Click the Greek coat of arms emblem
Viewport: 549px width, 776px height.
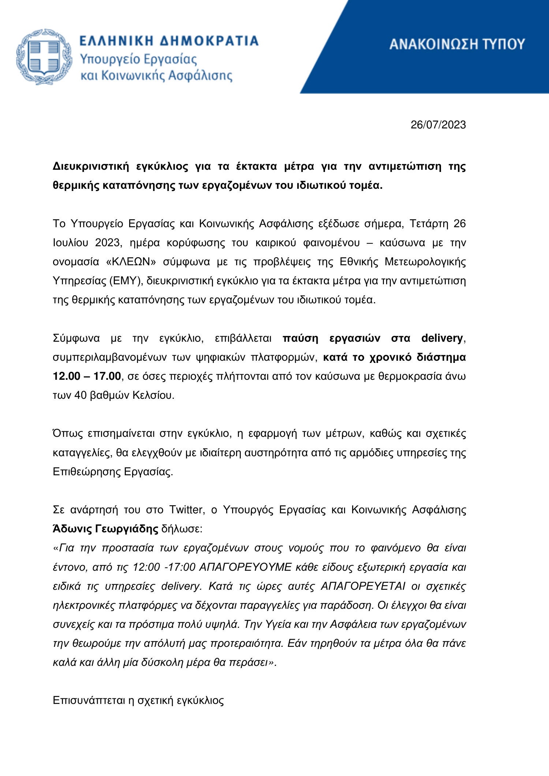tap(44, 57)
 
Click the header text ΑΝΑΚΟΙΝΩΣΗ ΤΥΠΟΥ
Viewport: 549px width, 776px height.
tap(457, 44)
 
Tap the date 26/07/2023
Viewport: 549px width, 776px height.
tap(438, 125)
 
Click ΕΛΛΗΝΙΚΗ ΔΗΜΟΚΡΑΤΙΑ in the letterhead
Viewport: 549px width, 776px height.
tap(169, 41)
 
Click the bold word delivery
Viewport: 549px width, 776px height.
tap(442, 338)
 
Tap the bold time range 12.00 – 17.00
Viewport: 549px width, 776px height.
tap(87, 376)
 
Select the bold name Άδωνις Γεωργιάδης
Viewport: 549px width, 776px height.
tap(105, 529)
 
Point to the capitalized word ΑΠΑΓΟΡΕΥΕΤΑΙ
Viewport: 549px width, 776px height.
tap(363, 586)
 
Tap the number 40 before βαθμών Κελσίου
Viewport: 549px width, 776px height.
tap(80, 395)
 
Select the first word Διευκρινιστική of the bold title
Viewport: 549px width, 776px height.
tap(91, 166)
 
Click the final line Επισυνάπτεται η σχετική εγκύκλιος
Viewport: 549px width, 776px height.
tap(138, 700)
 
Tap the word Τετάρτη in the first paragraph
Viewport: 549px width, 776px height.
tap(429, 224)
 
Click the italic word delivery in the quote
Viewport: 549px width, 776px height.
tap(181, 586)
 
